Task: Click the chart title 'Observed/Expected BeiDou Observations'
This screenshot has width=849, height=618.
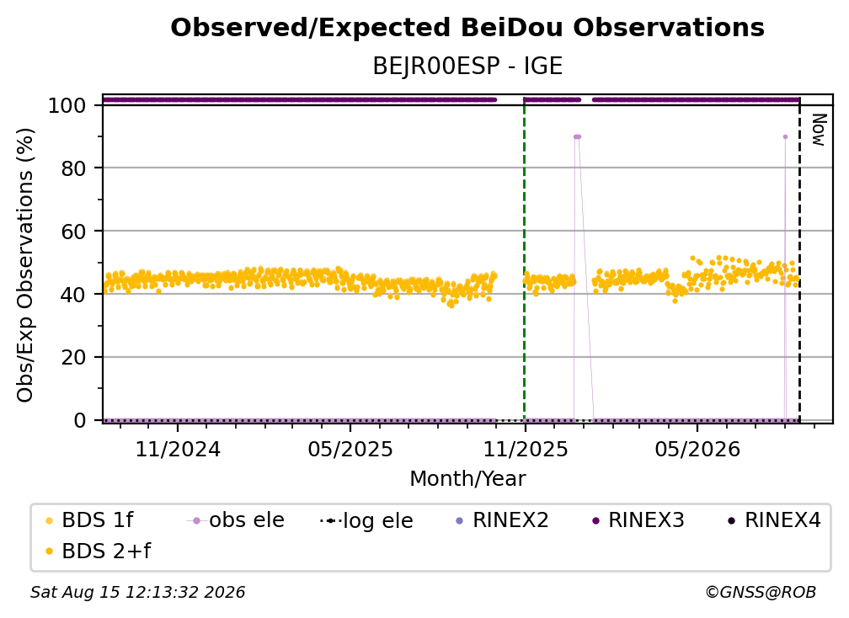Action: [467, 28]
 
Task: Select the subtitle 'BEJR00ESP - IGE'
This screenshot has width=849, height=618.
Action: [467, 67]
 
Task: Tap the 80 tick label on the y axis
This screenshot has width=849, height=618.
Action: [73, 168]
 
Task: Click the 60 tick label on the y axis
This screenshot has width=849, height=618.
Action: [73, 232]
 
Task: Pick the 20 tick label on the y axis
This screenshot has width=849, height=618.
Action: [73, 358]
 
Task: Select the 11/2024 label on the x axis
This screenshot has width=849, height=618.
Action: [178, 449]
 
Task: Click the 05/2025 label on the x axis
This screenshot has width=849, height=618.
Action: [350, 449]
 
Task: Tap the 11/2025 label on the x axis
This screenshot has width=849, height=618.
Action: [526, 449]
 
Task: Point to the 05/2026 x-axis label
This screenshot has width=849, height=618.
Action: [697, 449]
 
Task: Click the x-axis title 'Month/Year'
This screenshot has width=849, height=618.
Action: [467, 479]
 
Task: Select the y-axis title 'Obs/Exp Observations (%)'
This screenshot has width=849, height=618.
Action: [25, 265]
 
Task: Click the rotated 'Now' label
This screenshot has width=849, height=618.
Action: [819, 130]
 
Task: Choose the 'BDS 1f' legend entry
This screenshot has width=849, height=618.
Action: [90, 520]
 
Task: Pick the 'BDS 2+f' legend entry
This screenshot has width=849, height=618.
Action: [98, 551]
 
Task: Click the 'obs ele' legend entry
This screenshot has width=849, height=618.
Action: [236, 520]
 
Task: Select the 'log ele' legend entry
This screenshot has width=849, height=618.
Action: [366, 521]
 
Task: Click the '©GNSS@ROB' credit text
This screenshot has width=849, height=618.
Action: [761, 593]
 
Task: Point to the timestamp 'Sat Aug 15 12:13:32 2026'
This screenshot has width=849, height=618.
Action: [137, 593]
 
